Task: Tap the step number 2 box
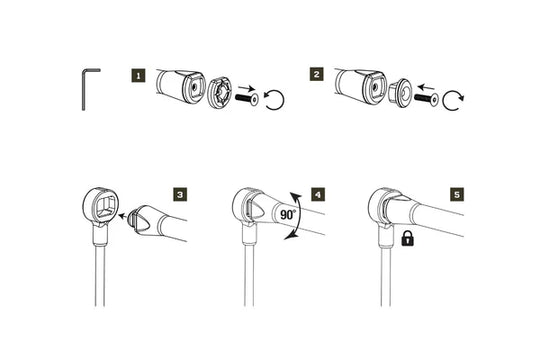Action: click(x=317, y=74)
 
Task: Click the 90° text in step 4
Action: click(x=290, y=214)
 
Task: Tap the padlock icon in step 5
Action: click(x=408, y=240)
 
